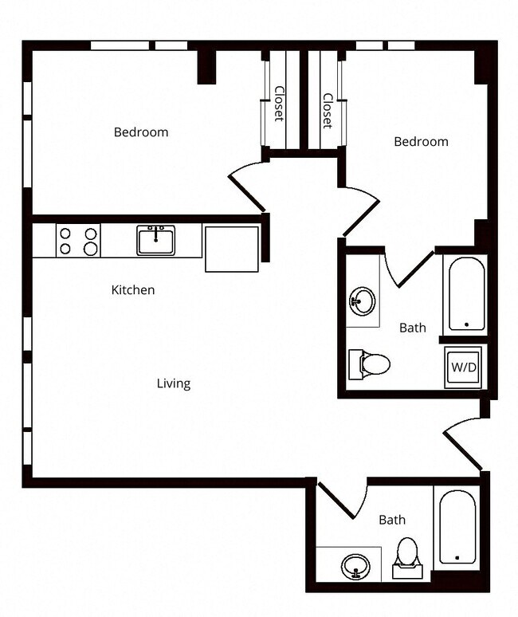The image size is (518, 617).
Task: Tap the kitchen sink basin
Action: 155,240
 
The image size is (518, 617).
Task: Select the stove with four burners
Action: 78,241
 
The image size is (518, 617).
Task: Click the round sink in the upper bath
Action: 362,302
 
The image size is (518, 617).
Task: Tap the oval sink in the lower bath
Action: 355,568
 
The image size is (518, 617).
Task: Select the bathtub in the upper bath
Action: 465,293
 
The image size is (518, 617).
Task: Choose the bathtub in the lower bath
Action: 457,527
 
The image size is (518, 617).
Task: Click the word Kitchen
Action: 132,290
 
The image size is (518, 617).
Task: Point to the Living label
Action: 173,383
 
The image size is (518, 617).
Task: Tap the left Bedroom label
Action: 141,132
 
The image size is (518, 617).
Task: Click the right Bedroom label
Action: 421,142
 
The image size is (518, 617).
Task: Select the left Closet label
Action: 278,103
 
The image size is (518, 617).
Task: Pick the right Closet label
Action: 327,111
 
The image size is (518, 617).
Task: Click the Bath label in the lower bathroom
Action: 391,520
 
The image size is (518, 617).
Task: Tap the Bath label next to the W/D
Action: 412,328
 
